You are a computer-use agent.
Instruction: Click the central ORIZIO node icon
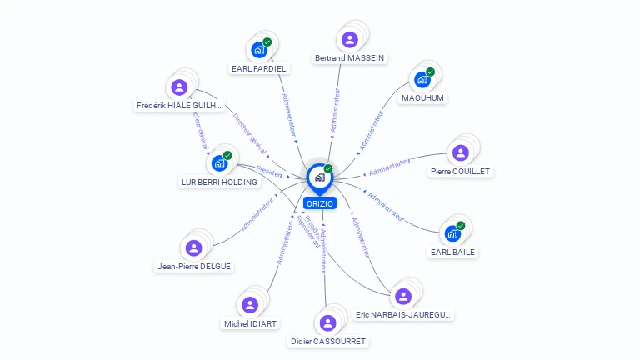319,177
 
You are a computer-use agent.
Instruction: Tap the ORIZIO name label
319,203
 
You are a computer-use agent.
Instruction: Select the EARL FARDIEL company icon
259,50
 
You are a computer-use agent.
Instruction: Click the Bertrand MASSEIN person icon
350,39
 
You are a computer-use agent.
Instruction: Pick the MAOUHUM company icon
422,80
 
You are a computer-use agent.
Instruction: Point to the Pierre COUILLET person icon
461,153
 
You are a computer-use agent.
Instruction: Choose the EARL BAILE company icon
453,233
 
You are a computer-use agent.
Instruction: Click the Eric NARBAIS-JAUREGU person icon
403,296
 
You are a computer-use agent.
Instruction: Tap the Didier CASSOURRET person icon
327,322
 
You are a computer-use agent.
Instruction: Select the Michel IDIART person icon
250,305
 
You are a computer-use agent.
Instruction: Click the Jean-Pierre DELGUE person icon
194,247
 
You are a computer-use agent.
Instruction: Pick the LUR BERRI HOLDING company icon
219,162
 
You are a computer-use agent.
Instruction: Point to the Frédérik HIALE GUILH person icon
179,87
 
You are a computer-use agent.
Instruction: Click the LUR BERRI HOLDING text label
219,182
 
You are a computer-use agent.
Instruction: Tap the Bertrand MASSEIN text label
350,58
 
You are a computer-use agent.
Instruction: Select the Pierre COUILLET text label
461,172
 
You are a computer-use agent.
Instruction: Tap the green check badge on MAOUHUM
431,72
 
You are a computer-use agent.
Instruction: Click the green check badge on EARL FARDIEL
267,42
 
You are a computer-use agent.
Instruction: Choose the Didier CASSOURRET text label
328,342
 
